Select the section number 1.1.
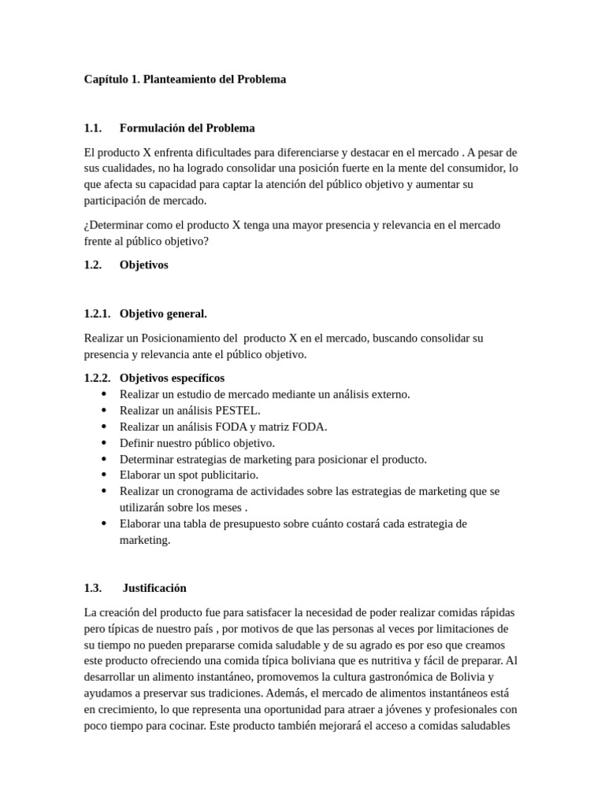pyautogui.click(x=93, y=128)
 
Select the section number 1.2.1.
pyautogui.click(x=97, y=313)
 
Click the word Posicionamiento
pyautogui.click(x=182, y=338)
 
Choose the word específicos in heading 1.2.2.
pyautogui.click(x=196, y=378)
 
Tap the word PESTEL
pyautogui.click(x=232, y=410)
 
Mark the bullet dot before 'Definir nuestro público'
pyautogui.click(x=105, y=442)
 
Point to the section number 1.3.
pyautogui.click(x=93, y=587)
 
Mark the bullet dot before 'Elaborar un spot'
pyautogui.click(x=105, y=475)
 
